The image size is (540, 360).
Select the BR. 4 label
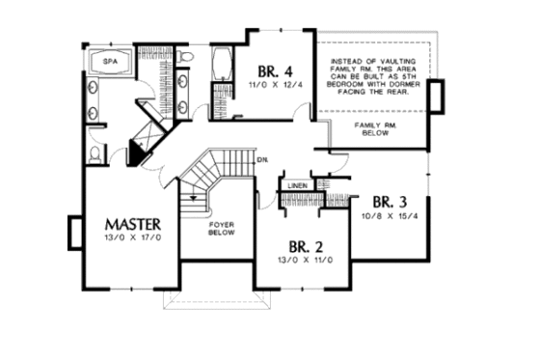pyautogui.click(x=277, y=71)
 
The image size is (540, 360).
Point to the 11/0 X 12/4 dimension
pyautogui.click(x=277, y=86)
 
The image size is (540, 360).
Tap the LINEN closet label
pyautogui.click(x=297, y=186)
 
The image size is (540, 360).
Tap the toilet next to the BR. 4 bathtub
pyautogui.click(x=190, y=67)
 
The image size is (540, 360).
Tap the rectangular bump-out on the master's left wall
pyautogui.click(x=73, y=232)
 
